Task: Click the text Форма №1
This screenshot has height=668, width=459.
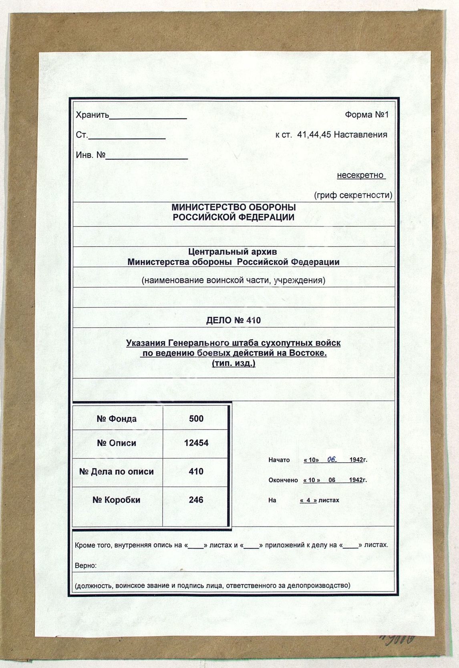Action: (x=366, y=115)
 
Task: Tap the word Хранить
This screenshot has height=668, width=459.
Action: (x=93, y=115)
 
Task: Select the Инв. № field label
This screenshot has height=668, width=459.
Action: (x=91, y=155)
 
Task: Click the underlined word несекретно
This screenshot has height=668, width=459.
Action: (x=360, y=175)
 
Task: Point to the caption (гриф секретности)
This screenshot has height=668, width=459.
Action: (x=353, y=195)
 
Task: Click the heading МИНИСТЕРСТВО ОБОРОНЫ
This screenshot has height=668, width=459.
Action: (x=234, y=207)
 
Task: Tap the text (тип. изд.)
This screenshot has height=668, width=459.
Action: (x=233, y=363)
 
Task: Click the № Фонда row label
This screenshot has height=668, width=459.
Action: (x=117, y=419)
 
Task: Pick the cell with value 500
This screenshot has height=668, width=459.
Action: (x=196, y=419)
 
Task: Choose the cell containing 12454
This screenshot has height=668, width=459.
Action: (x=196, y=443)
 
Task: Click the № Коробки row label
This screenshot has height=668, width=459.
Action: (x=116, y=500)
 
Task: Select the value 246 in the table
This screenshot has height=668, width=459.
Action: (x=196, y=500)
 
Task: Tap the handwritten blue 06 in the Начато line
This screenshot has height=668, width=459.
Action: (x=332, y=460)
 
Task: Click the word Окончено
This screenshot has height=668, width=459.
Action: (x=283, y=480)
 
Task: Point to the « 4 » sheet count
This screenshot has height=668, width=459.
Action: (x=308, y=500)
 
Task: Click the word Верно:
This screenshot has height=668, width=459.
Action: (x=86, y=566)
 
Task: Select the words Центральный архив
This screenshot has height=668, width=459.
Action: (x=233, y=252)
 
